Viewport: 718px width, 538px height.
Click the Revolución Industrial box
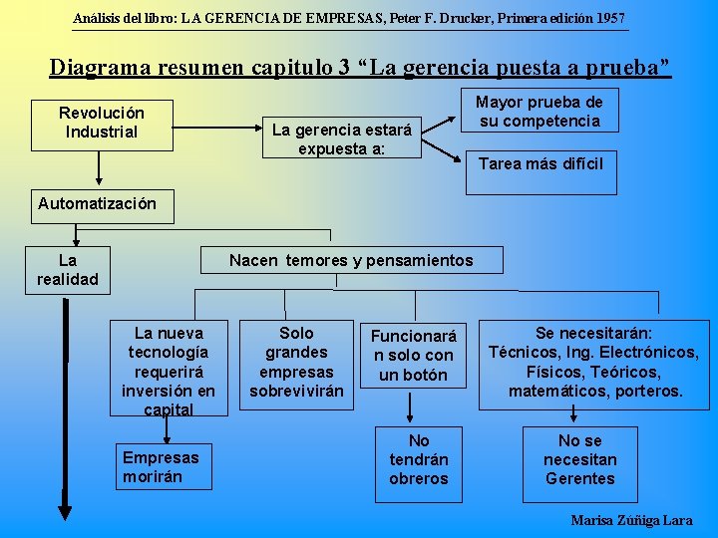coord(101,123)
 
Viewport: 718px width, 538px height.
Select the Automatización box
coord(97,204)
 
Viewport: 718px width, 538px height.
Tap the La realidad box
coord(68,270)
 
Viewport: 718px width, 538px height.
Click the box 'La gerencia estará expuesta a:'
coord(341,139)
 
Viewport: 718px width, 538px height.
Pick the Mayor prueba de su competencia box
coord(538,112)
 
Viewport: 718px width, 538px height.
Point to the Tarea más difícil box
coord(540,164)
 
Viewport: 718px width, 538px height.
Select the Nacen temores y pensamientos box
coord(351,261)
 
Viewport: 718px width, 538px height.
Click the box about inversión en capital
coord(169,370)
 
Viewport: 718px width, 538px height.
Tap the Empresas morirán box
coord(162,466)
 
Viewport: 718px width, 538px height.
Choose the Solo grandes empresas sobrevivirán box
coord(296,362)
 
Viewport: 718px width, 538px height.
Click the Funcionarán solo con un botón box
coord(413,356)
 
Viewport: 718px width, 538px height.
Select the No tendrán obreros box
coord(419,460)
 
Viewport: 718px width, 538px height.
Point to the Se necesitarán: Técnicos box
coord(594,363)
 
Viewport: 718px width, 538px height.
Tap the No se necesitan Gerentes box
coord(579,460)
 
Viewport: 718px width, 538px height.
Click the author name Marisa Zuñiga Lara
coord(631,520)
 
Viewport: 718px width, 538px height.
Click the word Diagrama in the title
coord(99,68)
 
